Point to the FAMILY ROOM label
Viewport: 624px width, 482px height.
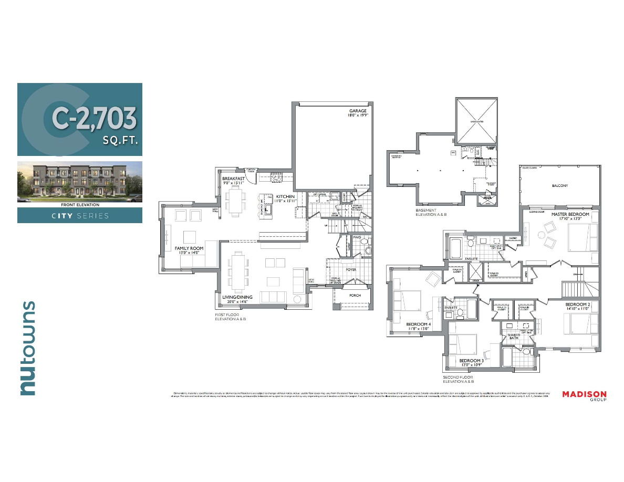[189, 248]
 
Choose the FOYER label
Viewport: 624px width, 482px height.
[351, 270]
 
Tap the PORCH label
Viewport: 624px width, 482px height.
[355, 295]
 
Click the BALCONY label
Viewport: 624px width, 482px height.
[559, 185]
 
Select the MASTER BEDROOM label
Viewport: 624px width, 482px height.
[570, 214]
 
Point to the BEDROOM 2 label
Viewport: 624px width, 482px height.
[578, 305]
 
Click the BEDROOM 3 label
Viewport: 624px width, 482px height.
[471, 361]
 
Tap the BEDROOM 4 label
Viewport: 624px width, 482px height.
[419, 324]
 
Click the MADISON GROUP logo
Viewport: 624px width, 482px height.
[584, 395]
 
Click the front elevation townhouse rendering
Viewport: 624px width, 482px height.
[79, 181]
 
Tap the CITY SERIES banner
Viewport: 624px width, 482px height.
[79, 216]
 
